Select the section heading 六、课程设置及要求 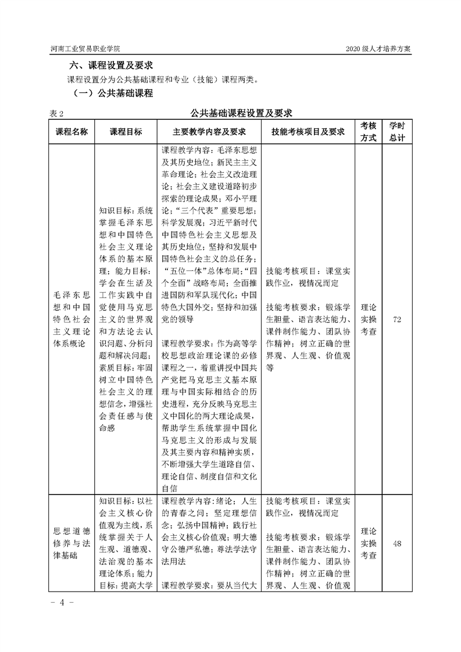pyautogui.click(x=114, y=65)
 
